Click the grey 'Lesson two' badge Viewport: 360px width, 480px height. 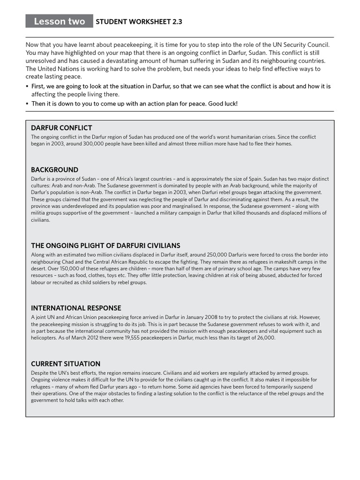[59, 21]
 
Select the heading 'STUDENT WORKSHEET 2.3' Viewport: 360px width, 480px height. [139, 22]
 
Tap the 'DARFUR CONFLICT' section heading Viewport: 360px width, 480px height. [61, 127]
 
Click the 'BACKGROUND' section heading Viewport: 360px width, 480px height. [54, 170]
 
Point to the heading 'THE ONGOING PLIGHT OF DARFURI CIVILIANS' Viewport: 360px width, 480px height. [105, 246]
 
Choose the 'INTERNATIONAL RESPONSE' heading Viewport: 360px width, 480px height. [76, 308]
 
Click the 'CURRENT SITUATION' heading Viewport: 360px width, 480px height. [66, 364]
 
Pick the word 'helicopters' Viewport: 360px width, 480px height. [44, 337]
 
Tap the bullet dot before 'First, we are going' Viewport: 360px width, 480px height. [27, 87]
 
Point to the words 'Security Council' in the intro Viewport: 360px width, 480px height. [307, 45]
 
